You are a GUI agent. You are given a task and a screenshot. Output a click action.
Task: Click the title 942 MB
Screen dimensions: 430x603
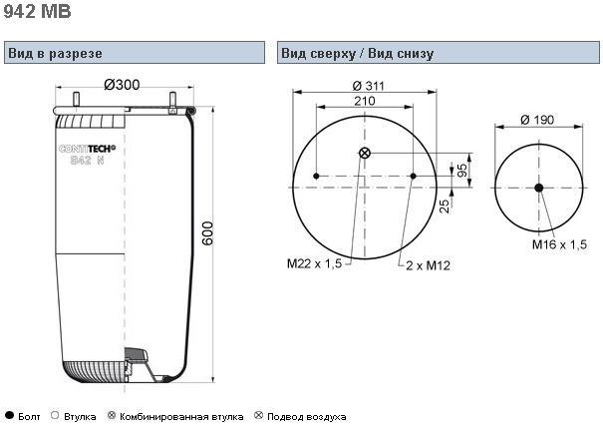pos(38,12)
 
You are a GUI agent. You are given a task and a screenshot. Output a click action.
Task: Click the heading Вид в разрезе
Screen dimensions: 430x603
pos(54,53)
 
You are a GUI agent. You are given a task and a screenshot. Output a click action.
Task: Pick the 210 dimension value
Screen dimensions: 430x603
pos(364,101)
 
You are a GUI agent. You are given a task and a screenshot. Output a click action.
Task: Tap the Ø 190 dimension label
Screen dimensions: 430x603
pos(539,121)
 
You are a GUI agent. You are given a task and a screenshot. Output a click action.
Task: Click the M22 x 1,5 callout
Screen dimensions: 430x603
pos(314,263)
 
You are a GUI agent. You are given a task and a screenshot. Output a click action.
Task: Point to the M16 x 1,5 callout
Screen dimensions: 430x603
pos(559,244)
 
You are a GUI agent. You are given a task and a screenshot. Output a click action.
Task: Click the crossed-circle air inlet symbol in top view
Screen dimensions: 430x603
pos(364,153)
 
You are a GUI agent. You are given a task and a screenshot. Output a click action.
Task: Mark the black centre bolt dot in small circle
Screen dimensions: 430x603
pos(538,188)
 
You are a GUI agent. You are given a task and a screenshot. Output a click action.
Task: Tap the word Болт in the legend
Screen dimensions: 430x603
pos(30,415)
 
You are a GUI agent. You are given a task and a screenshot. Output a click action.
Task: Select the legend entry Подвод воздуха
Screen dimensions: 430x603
pos(306,415)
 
